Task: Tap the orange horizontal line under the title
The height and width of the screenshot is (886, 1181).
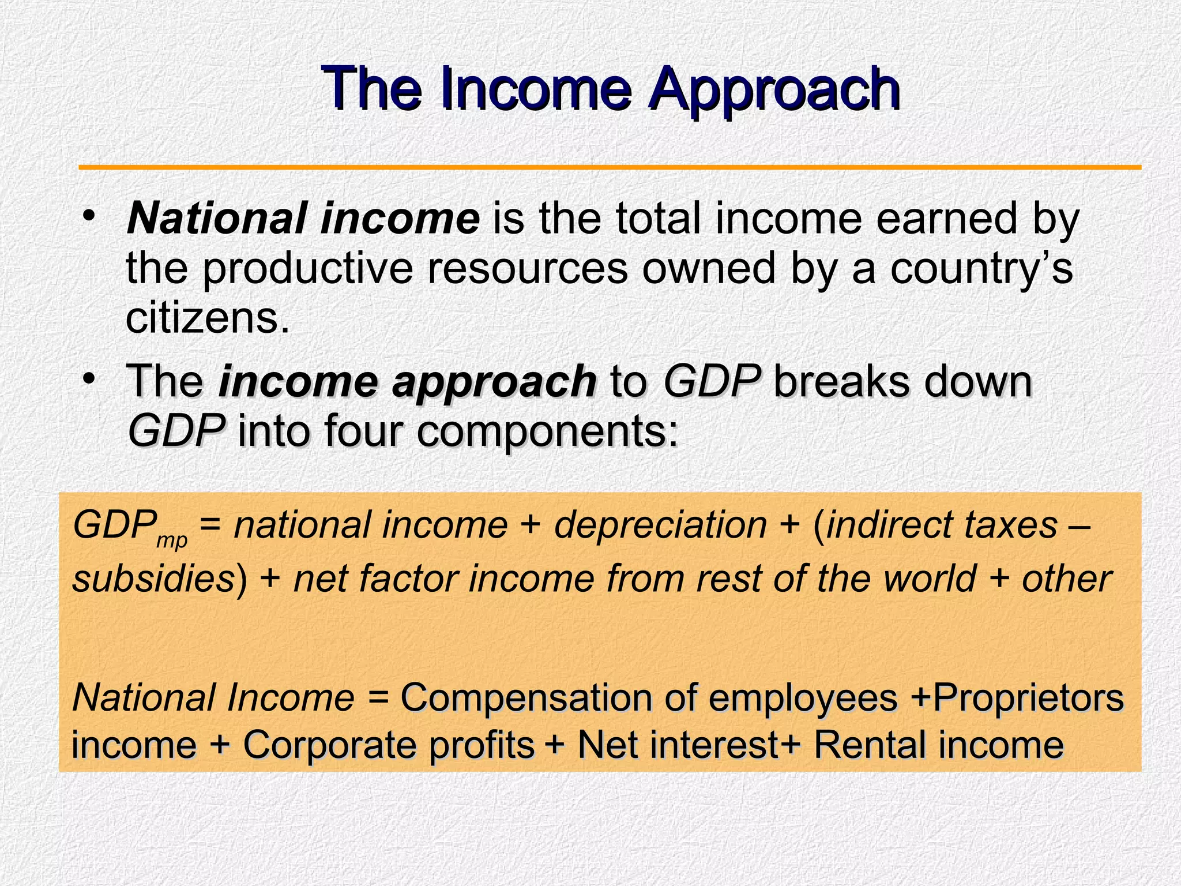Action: (610, 167)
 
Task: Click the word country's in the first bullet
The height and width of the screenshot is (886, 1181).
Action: (981, 269)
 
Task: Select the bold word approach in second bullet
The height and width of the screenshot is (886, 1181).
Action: (494, 382)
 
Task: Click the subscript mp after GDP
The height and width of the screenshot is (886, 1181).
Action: (172, 541)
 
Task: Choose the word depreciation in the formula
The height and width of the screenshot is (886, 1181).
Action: (660, 526)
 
